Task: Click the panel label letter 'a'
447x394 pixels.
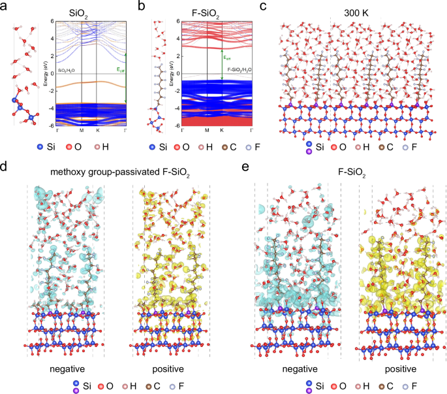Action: pos(6,7)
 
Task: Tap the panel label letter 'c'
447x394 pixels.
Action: pos(263,7)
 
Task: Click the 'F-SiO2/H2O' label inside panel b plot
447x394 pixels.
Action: pos(239,69)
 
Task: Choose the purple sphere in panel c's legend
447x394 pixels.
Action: pos(308,152)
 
